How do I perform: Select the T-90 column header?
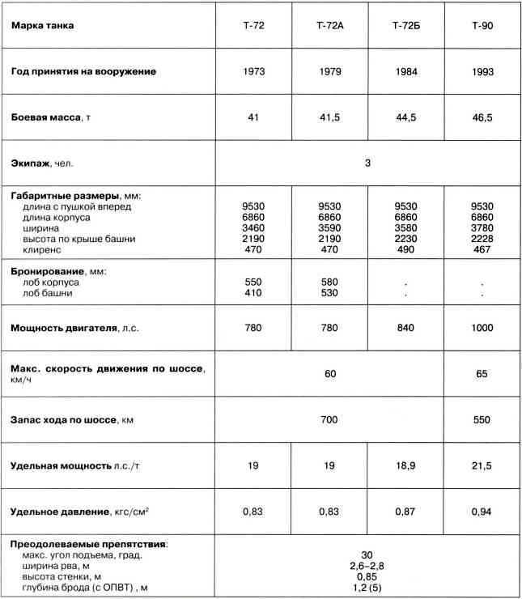482,26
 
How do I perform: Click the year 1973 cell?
253,71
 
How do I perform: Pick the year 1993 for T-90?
482,71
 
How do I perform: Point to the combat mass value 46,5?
482,117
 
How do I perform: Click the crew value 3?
367,164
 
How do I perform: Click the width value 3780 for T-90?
482,229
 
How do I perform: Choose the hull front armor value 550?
253,282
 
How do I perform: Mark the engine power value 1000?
482,329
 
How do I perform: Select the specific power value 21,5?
482,467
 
